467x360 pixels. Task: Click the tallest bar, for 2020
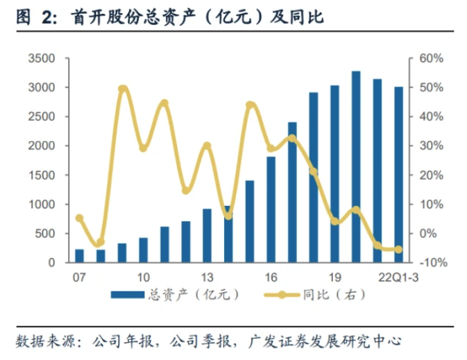coord(356,166)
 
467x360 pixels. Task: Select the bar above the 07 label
coord(79,255)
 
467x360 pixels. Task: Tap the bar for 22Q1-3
coord(398,174)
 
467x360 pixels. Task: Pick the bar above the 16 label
coord(271,209)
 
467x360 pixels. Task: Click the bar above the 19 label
coord(334,173)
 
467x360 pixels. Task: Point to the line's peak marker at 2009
coord(122,89)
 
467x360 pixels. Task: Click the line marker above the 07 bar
coord(79,218)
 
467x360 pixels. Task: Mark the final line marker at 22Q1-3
coord(398,250)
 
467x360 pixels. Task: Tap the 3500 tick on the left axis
coord(42,58)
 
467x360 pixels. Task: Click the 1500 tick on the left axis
coord(42,175)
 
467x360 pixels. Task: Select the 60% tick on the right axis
coord(430,58)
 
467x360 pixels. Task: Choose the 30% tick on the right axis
coord(430,146)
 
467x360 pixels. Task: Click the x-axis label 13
coord(207,275)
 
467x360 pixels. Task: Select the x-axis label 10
coord(144,275)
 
